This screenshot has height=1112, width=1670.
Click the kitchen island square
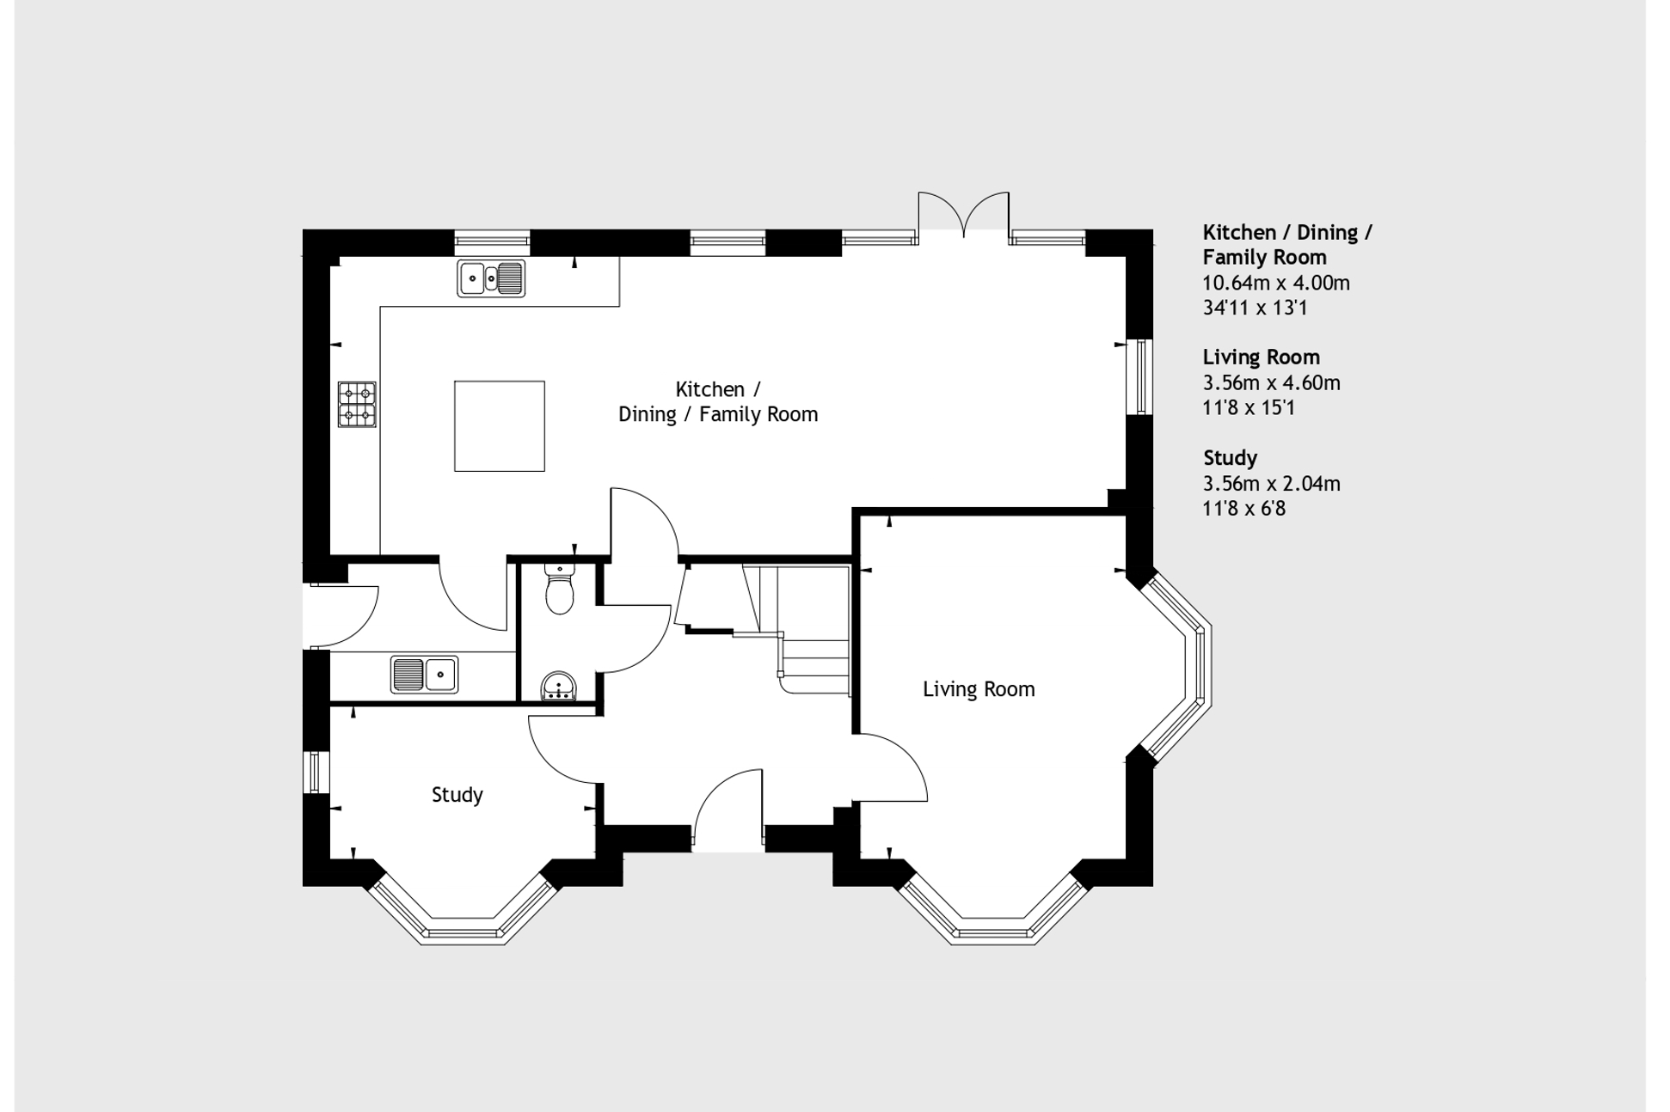pyautogui.click(x=499, y=426)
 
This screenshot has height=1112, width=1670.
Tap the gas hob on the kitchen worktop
pyautogui.click(x=357, y=404)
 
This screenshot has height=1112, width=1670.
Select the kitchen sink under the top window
pyautogui.click(x=491, y=278)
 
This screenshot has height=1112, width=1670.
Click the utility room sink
pyautogui.click(x=424, y=674)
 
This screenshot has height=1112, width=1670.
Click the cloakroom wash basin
pyautogui.click(x=559, y=687)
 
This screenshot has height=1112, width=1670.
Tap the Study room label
pyautogui.click(x=457, y=795)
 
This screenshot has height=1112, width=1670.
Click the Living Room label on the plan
pyautogui.click(x=979, y=689)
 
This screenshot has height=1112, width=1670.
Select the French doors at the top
pyautogui.click(x=963, y=215)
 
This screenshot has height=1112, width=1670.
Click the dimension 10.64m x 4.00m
pyautogui.click(x=1276, y=283)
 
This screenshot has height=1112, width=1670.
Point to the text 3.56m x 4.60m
pyautogui.click(x=1271, y=383)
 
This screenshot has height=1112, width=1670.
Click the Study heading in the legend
pyautogui.click(x=1230, y=458)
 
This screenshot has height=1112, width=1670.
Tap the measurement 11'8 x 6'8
pyautogui.click(x=1243, y=509)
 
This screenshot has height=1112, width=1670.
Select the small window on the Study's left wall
pyautogui.click(x=315, y=772)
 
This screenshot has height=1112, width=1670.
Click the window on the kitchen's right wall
pyautogui.click(x=1141, y=376)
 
